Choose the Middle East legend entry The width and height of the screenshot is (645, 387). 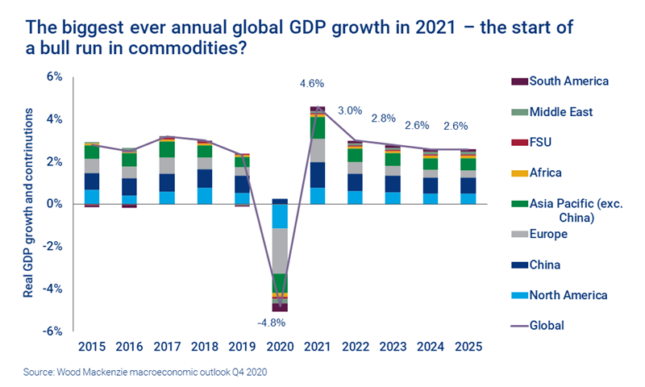pyautogui.click(x=561, y=112)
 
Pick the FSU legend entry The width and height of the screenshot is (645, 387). pyautogui.click(x=541, y=143)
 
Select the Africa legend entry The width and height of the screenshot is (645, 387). pyautogui.click(x=545, y=173)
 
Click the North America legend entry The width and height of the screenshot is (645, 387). pyautogui.click(x=568, y=295)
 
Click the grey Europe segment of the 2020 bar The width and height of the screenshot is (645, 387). pyautogui.click(x=280, y=251)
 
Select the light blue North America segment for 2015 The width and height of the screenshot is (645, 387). pyautogui.click(x=92, y=196)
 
